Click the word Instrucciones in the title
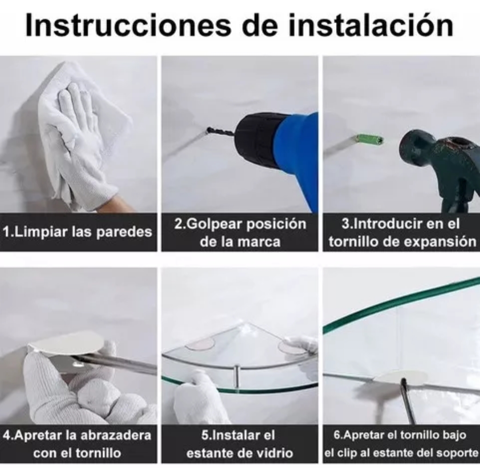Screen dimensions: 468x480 [128, 25]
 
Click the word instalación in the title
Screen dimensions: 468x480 [372, 25]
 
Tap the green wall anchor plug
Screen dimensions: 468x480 [368, 140]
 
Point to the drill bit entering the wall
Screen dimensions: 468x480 [220, 132]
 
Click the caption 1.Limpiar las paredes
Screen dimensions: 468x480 [77, 232]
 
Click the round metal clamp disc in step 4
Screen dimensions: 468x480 [67, 343]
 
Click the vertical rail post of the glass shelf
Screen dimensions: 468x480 [237, 376]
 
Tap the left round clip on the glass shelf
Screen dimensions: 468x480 [200, 343]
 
